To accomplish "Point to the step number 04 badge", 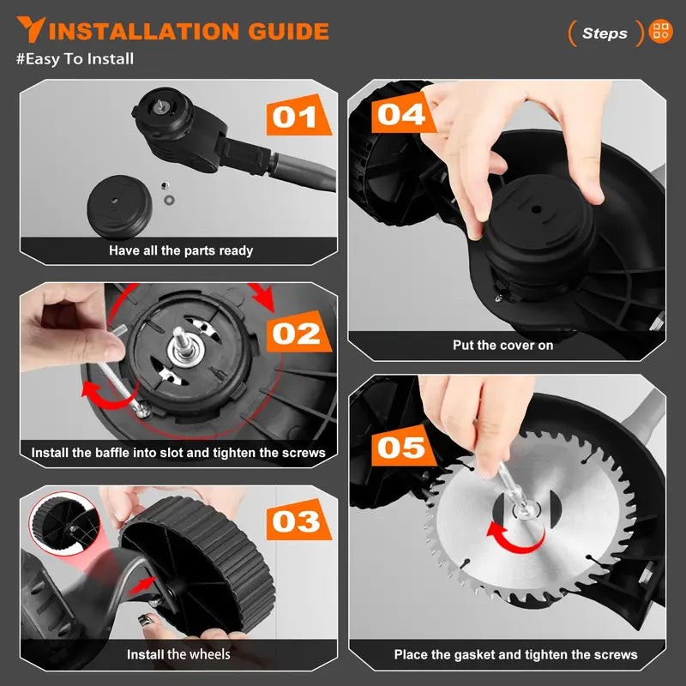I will pyautogui.click(x=400, y=113).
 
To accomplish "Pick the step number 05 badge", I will pyautogui.click(x=400, y=448).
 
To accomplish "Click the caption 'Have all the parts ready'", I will pyautogui.click(x=181, y=250).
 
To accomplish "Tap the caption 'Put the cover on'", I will pyautogui.click(x=502, y=345).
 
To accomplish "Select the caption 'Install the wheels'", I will pyautogui.click(x=178, y=654).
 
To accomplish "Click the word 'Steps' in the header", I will pyautogui.click(x=605, y=33).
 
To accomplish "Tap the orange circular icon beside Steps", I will pyautogui.click(x=661, y=33).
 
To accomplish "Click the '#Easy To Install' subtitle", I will pyautogui.click(x=75, y=59).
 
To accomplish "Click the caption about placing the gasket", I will pyautogui.click(x=515, y=654).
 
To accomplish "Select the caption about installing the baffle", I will pyautogui.click(x=178, y=452).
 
